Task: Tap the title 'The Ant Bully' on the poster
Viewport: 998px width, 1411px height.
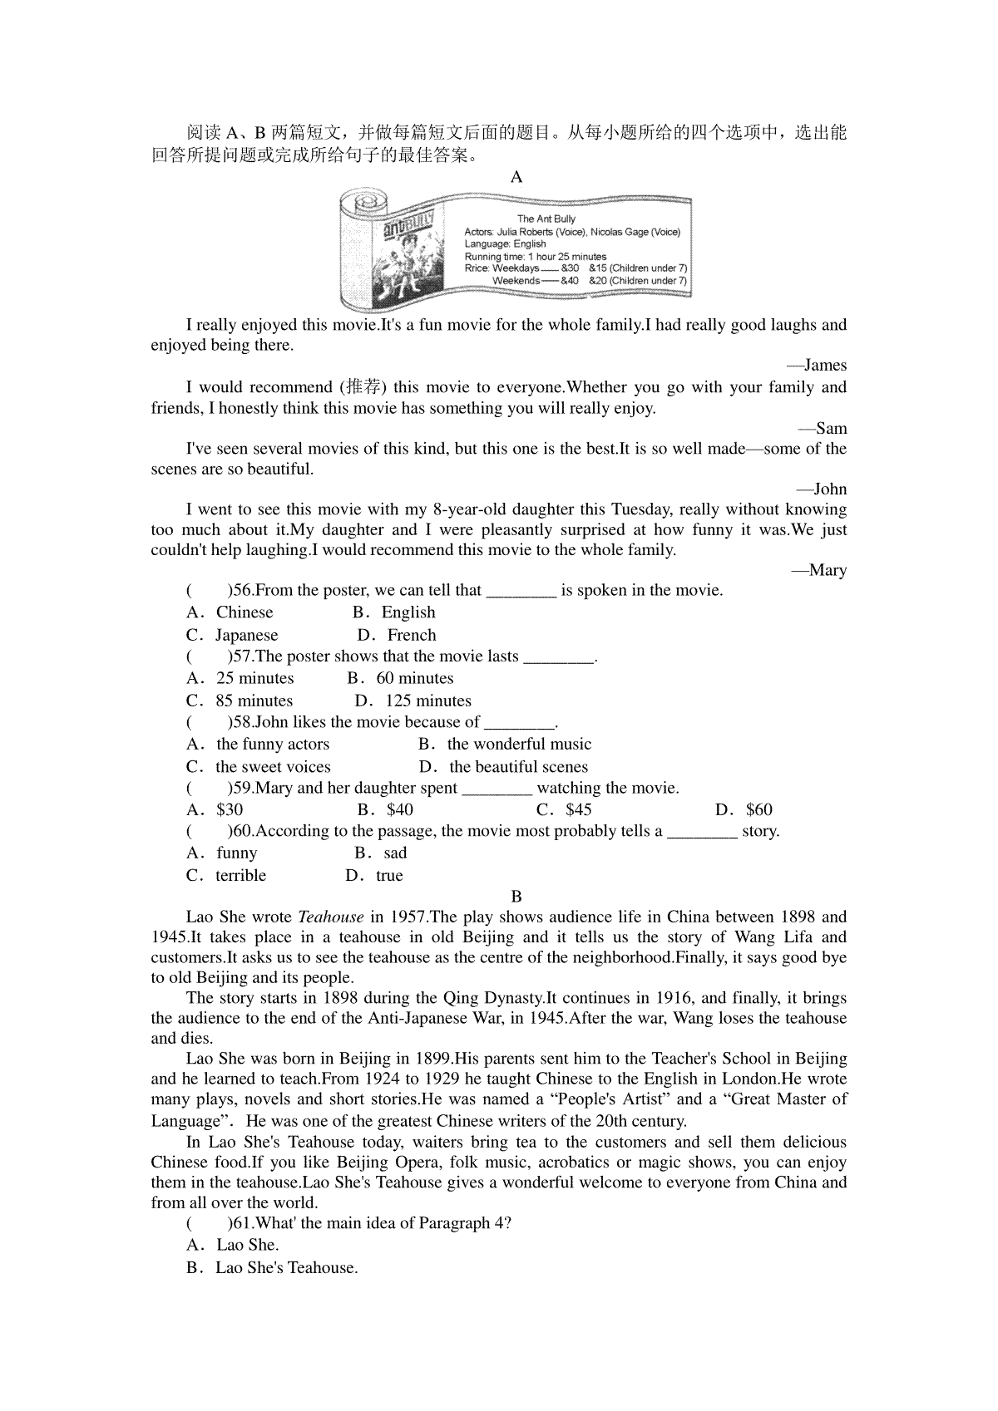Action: tap(546, 219)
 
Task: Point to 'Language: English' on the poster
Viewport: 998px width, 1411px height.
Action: tap(505, 244)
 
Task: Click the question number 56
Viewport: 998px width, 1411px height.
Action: tap(242, 591)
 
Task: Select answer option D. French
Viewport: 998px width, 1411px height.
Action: tap(397, 636)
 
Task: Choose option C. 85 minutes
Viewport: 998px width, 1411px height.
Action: tap(240, 701)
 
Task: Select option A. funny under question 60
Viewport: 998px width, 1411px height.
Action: tap(222, 853)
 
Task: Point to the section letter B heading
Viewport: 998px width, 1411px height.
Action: tap(516, 897)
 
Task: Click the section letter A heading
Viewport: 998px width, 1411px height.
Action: tap(516, 177)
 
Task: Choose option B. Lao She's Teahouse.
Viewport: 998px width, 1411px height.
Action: tap(272, 1268)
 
